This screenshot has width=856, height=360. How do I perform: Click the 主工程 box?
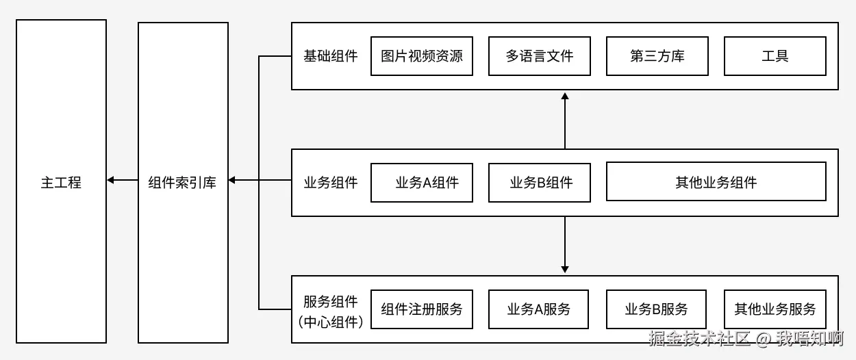[x=61, y=182]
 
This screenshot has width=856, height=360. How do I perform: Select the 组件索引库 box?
[x=183, y=182]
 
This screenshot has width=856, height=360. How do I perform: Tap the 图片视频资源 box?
[x=422, y=56]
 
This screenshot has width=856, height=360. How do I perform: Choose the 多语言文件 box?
[x=540, y=56]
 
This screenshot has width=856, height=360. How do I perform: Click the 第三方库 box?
[x=657, y=56]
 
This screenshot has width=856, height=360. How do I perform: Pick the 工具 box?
[x=775, y=56]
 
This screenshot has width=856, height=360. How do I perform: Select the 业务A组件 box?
[x=422, y=183]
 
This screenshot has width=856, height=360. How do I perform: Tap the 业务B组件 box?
[x=540, y=183]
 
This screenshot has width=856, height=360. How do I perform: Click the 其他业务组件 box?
[x=716, y=183]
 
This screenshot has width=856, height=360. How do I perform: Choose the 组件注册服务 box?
[x=422, y=309]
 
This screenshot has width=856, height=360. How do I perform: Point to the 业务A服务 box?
[x=540, y=309]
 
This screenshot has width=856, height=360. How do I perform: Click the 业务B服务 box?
[x=657, y=309]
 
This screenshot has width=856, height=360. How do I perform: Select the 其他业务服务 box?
[x=775, y=309]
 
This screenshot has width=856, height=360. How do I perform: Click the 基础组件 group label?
[x=331, y=56]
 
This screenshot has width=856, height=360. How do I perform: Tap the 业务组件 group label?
[x=331, y=183]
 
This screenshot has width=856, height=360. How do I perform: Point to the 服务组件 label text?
[x=331, y=302]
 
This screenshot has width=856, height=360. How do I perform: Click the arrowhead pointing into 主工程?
[x=111, y=180]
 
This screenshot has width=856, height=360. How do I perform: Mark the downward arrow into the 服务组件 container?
[x=565, y=268]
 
